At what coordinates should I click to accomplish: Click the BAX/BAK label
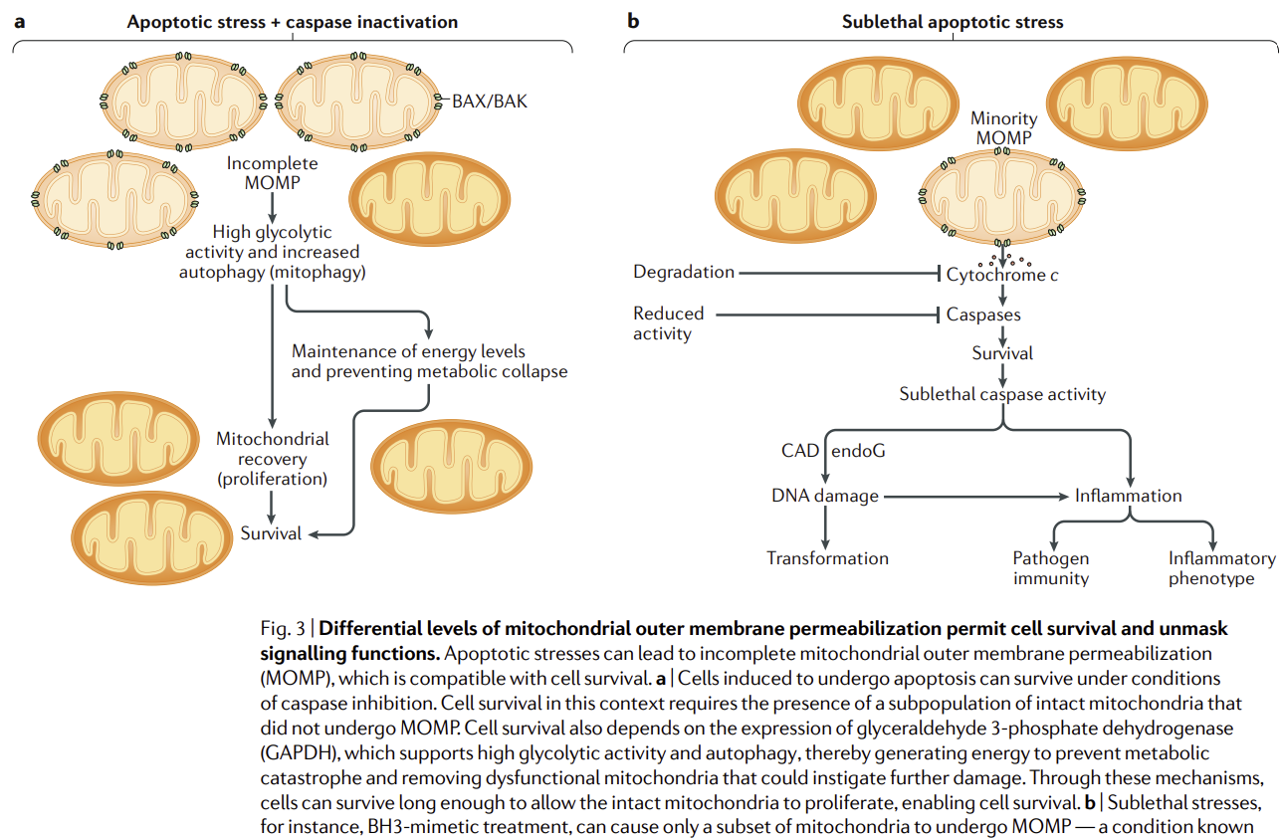coord(485,102)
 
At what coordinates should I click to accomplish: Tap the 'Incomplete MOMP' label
coord(272,173)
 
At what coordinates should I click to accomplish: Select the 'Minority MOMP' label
coord(1003,128)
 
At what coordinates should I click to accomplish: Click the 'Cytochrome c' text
coord(1001,275)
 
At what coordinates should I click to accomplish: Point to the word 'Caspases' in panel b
coord(983,315)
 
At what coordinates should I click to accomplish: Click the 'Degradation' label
coord(684,272)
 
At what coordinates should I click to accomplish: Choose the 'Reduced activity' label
coord(668,323)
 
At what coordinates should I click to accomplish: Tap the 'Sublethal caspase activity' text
coord(1002,394)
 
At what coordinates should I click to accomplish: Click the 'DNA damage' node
coord(825,496)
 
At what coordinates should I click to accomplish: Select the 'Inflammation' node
coord(1128,496)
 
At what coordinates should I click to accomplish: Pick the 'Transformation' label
coord(827,558)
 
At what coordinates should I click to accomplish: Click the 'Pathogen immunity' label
coord(1051,568)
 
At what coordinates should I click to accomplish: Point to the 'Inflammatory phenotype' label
coord(1221,568)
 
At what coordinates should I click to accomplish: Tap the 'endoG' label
coord(858,451)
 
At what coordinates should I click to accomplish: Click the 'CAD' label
coord(799,451)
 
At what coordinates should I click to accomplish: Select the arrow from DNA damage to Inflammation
coord(975,496)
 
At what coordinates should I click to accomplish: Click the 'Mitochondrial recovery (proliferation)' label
coord(272,459)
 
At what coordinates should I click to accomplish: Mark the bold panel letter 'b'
coord(633,21)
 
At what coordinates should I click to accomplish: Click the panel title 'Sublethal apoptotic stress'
coord(953,21)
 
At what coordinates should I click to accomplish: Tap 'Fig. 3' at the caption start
coord(283,629)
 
